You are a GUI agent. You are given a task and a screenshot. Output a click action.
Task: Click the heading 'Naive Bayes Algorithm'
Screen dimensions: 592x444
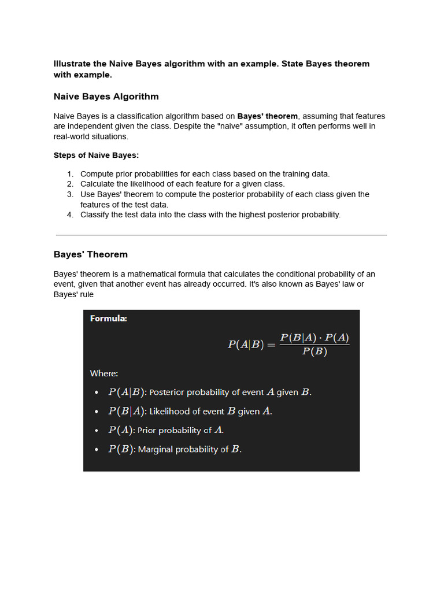pyautogui.click(x=106, y=97)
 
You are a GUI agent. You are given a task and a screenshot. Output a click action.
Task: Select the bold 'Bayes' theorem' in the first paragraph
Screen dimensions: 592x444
pyautogui.click(x=267, y=116)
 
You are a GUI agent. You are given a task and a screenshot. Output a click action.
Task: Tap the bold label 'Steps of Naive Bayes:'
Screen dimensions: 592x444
pyautogui.click(x=96, y=155)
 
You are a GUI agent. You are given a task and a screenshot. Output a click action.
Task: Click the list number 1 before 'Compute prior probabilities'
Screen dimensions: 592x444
pyautogui.click(x=69, y=174)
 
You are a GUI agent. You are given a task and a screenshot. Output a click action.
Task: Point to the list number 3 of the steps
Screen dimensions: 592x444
pyautogui.click(x=69, y=195)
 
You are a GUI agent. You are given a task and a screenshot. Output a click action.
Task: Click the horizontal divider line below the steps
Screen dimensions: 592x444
pyautogui.click(x=221, y=235)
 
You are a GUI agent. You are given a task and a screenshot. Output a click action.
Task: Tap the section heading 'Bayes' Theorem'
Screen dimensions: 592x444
pyautogui.click(x=91, y=254)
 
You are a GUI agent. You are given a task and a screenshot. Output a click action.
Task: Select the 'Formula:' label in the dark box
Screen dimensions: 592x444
pyautogui.click(x=109, y=319)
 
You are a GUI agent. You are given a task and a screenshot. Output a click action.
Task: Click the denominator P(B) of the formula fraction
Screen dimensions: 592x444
pyautogui.click(x=314, y=352)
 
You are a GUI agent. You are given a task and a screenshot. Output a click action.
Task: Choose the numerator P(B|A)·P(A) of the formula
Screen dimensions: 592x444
pyautogui.click(x=314, y=338)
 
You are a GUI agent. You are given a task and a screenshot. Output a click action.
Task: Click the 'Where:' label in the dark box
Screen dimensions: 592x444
pyautogui.click(x=104, y=373)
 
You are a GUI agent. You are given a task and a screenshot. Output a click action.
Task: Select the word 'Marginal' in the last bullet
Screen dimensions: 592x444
pyautogui.click(x=155, y=450)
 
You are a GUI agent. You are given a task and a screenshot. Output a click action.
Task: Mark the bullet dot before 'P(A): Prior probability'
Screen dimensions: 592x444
pyautogui.click(x=96, y=431)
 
